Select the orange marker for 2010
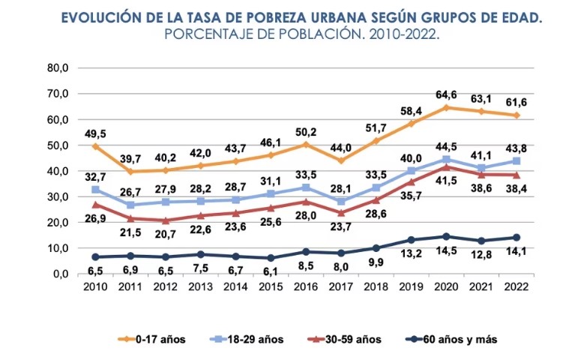(x=96, y=146)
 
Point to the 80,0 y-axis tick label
(x=58, y=68)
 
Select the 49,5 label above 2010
(x=96, y=133)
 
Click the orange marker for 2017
(x=342, y=160)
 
